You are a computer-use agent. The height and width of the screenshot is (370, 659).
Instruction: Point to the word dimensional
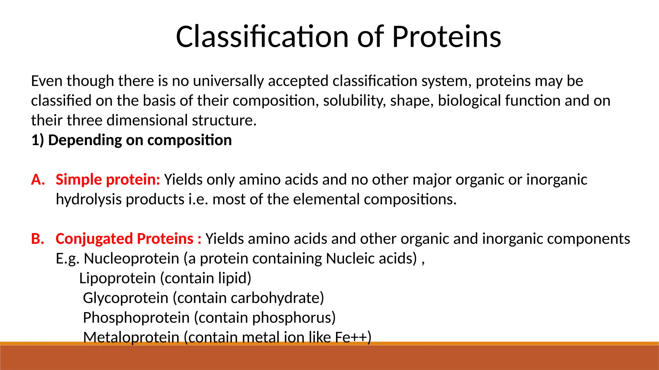(x=147, y=120)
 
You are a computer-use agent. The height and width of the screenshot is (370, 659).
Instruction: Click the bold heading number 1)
(x=37, y=140)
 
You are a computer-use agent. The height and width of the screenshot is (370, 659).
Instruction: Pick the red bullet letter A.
(x=38, y=180)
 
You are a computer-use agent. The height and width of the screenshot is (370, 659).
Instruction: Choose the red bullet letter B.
(x=38, y=239)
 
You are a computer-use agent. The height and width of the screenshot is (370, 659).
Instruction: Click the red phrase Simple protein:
(x=108, y=180)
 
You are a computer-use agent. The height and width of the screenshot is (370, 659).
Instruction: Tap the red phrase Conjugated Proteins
(x=125, y=239)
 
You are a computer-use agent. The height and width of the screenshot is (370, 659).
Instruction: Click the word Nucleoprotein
(x=131, y=259)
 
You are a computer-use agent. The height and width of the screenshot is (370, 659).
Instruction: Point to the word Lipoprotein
(x=117, y=278)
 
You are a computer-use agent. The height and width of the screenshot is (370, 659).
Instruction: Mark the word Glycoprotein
(x=126, y=298)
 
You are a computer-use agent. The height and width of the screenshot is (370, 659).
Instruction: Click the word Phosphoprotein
(x=136, y=318)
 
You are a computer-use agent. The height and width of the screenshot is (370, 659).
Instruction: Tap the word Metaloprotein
(x=131, y=337)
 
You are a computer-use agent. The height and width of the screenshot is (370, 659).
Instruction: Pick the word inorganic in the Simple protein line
(x=557, y=180)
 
